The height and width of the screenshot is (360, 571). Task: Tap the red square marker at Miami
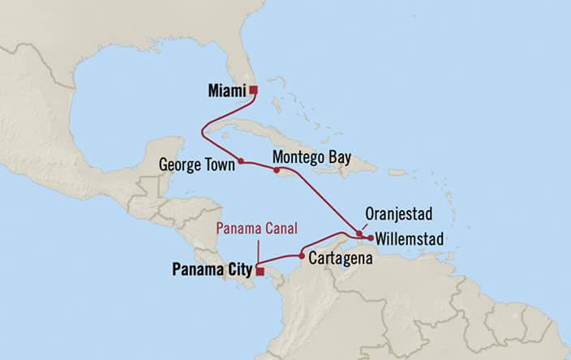coord(253,90)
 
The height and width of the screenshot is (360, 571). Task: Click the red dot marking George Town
coord(241,161)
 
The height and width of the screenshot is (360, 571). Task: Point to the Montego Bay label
coord(311,156)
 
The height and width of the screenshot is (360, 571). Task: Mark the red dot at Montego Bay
coord(277,170)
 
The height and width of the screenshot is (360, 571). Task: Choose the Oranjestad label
coord(397,215)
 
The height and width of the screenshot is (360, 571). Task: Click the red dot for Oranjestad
coord(358,234)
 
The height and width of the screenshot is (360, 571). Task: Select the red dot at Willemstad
coord(370,238)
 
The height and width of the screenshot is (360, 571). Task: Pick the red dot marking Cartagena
coord(302,255)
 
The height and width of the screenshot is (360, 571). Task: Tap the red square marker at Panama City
coord(259,272)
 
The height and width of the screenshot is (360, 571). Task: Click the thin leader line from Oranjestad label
coord(367,225)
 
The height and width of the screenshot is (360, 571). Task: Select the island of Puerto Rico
coord(397,172)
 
